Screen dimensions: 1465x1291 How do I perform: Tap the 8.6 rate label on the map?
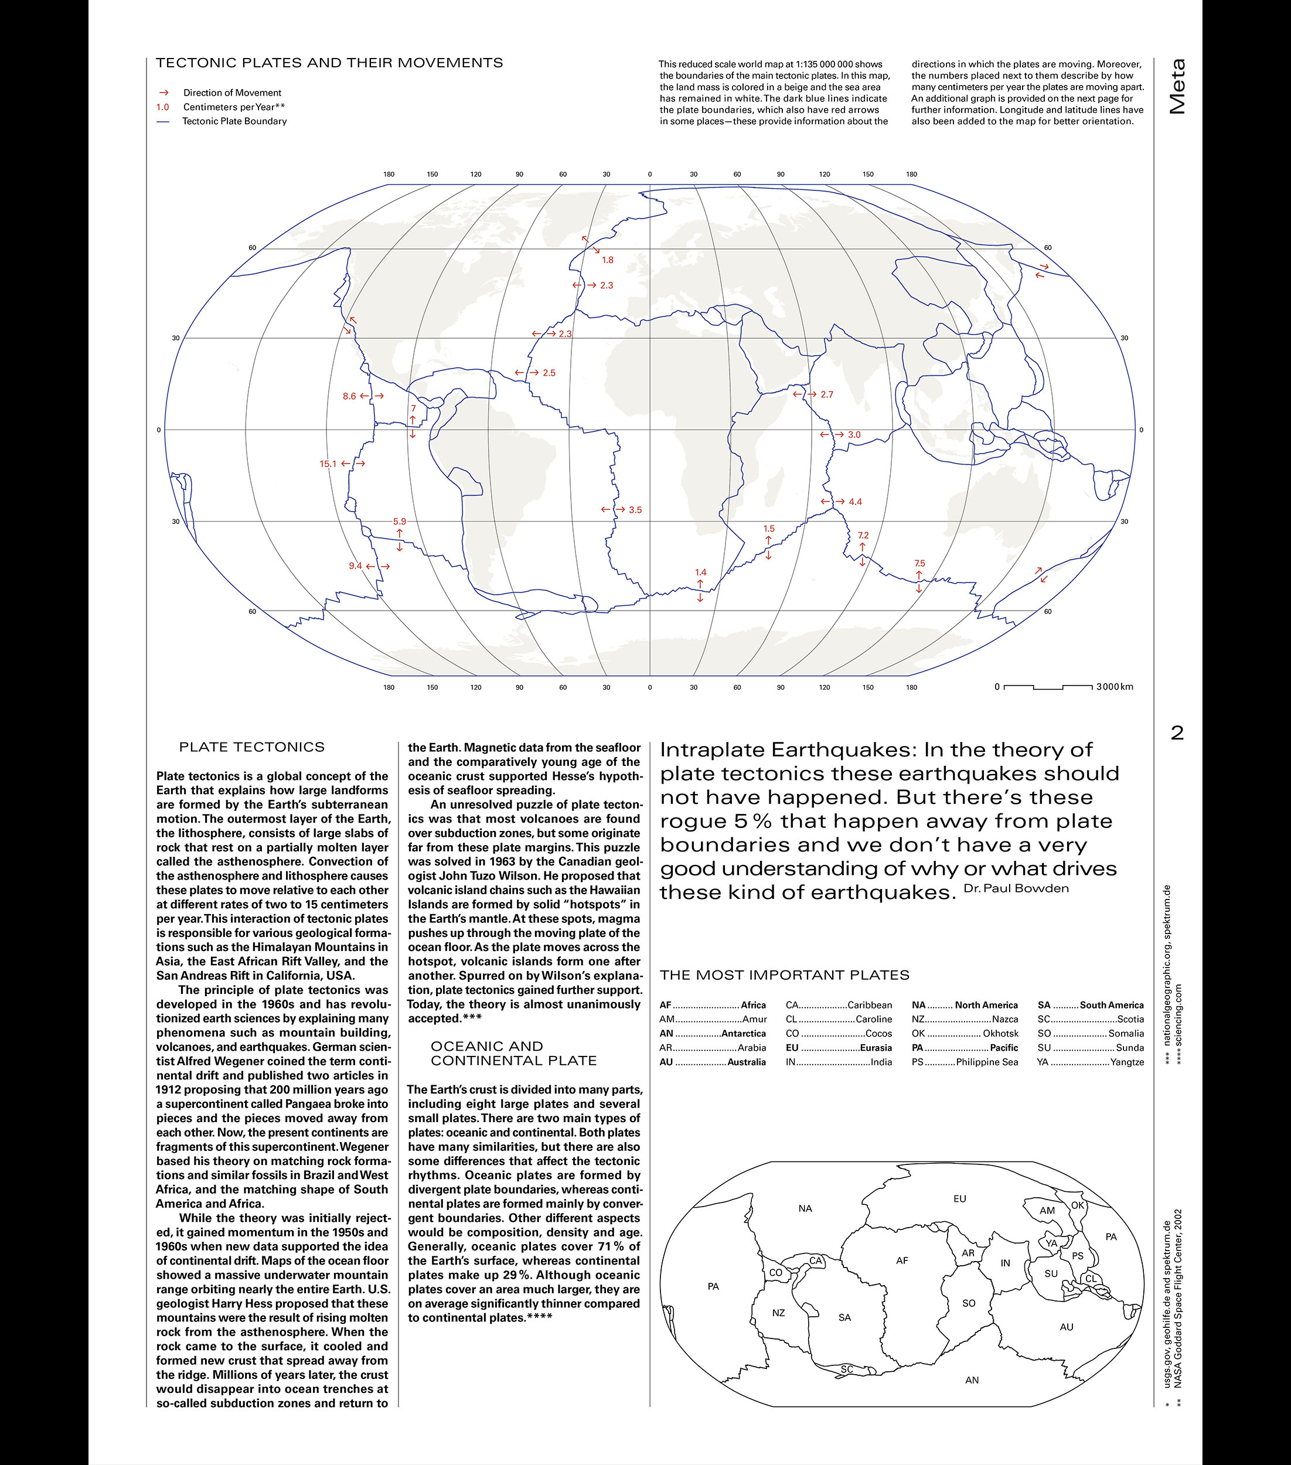click(349, 396)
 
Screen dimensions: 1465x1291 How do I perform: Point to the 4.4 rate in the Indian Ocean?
click(854, 502)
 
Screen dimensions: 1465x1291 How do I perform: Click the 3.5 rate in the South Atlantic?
click(635, 510)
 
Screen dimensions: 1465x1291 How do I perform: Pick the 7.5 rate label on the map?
click(919, 563)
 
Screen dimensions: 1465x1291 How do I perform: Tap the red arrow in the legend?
click(164, 93)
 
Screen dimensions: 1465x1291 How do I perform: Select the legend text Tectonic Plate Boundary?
click(234, 121)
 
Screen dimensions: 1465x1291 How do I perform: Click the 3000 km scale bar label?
click(1115, 687)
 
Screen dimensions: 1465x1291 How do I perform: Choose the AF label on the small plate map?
click(902, 1260)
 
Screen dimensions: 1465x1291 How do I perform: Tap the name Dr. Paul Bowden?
click(1016, 889)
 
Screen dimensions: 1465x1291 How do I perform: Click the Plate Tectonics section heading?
click(251, 747)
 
